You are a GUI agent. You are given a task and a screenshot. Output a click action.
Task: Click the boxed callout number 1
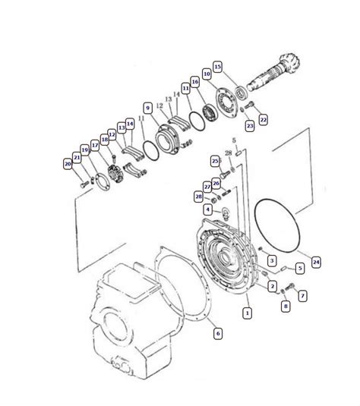pos(248,313)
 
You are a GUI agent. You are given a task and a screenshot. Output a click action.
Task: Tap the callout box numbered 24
pos(316,262)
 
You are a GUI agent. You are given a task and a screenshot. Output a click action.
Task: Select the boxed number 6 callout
pos(218,333)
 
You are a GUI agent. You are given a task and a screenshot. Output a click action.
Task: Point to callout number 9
pos(148,108)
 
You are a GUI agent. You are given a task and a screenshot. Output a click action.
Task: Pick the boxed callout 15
pos(218,67)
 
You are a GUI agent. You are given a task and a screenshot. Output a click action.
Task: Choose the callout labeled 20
pos(68,164)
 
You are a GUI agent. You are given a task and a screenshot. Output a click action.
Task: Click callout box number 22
pos(263,120)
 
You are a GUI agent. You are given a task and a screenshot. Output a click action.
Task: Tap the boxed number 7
pos(302,295)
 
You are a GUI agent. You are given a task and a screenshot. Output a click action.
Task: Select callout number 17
pos(95,146)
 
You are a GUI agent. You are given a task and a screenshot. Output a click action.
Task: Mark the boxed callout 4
pos(207,209)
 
